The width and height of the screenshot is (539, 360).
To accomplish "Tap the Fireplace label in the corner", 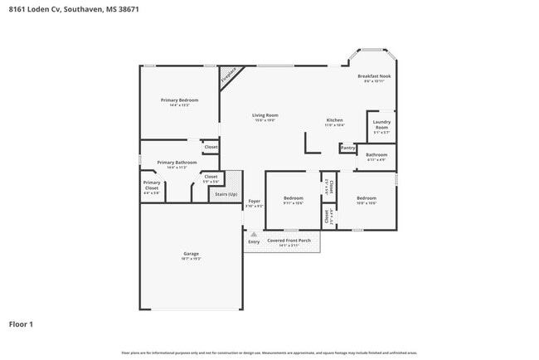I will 227,75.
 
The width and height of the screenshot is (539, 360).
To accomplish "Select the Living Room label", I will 265,115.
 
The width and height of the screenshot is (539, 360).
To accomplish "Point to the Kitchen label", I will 334,119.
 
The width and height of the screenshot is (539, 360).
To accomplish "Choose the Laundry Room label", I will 381,125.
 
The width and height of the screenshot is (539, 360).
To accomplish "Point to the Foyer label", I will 255,201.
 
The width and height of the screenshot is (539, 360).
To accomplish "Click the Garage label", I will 191,254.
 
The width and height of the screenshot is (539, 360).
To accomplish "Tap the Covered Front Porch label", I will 289,240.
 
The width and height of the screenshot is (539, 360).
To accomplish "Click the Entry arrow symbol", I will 254,235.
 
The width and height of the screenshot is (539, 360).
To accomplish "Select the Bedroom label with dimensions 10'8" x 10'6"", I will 367,198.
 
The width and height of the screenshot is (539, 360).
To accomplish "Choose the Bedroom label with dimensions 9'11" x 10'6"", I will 294,198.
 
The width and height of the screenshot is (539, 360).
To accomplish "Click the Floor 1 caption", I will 21,324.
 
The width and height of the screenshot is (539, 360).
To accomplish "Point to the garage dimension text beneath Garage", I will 191,260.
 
